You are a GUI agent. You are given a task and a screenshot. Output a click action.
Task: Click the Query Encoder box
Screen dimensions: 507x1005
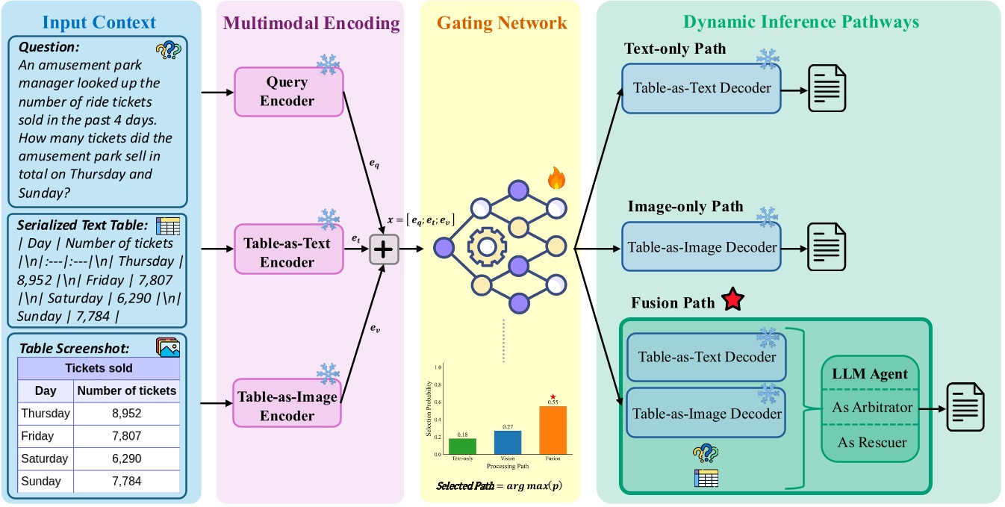pos(287,91)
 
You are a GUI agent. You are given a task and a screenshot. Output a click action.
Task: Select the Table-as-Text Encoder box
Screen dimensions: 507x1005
pos(287,252)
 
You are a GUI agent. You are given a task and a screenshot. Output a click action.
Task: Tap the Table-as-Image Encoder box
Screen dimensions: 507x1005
pos(287,405)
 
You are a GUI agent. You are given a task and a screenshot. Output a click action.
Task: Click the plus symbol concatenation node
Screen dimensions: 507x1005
pos(384,250)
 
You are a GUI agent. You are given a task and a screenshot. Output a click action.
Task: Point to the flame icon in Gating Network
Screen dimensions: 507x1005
pos(556,178)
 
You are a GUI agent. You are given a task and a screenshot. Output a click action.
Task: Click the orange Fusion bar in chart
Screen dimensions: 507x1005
pos(553,429)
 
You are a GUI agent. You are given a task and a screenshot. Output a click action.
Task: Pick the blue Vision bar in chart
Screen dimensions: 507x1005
pos(508,441)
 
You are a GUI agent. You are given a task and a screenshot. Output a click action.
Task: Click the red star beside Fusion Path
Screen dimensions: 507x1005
pos(732,302)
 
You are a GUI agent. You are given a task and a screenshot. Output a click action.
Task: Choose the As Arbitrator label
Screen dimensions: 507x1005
pos(871,408)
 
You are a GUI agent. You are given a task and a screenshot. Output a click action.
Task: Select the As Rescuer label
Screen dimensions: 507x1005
pos(871,442)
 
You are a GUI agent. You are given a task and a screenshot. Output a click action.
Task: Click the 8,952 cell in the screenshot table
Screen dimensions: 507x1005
pos(126,413)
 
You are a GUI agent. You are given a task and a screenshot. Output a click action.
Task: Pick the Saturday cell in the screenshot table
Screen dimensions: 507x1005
pos(45,458)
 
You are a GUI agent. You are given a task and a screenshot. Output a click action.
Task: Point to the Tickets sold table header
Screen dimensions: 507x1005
pos(99,367)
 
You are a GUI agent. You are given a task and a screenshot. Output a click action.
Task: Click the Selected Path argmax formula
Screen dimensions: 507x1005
pos(500,485)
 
